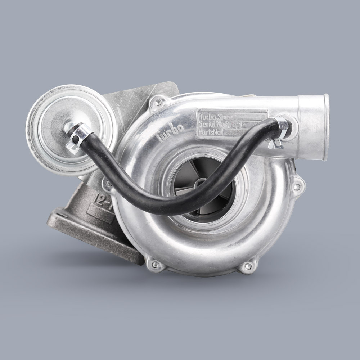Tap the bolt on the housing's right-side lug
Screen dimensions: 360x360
click(297, 187)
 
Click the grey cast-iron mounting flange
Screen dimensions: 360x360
click(94, 234)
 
